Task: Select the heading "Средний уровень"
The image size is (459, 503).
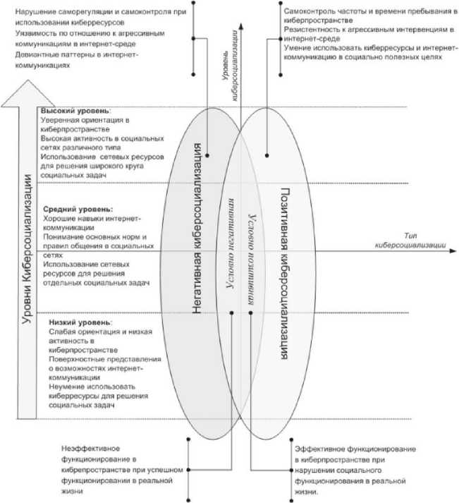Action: pyautogui.click(x=77, y=210)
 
